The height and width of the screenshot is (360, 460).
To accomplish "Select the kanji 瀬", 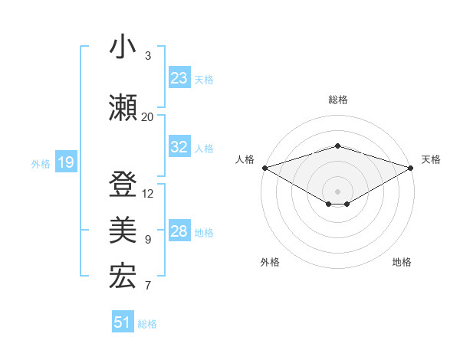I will pyautogui.click(x=123, y=108).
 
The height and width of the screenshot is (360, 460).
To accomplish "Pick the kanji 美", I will pyautogui.click(x=123, y=231).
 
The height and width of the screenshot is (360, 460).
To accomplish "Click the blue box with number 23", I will pyautogui.click(x=179, y=78).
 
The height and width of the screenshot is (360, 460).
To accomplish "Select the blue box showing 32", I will pyautogui.click(x=179, y=148).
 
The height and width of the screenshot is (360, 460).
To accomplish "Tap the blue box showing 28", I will pyautogui.click(x=179, y=232).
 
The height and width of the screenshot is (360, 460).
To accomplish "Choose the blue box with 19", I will pyautogui.click(x=65, y=162).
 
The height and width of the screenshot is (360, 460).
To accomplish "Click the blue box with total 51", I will pyautogui.click(x=123, y=322).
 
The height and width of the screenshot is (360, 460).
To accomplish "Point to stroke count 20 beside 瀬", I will pyautogui.click(x=147, y=116).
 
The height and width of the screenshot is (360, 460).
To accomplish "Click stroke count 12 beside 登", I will pyautogui.click(x=148, y=193).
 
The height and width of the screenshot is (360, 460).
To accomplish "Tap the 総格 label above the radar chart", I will pyautogui.click(x=337, y=100).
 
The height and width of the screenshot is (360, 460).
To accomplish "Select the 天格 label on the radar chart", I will pyautogui.click(x=431, y=159).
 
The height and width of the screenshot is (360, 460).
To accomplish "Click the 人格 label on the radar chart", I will pyautogui.click(x=245, y=159).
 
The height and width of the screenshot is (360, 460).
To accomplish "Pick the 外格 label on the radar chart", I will pyautogui.click(x=270, y=262).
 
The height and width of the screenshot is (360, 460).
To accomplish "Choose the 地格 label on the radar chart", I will pyautogui.click(x=402, y=262).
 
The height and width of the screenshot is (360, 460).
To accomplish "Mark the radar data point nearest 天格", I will pyautogui.click(x=410, y=167).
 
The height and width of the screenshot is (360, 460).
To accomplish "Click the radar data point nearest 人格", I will pyautogui.click(x=264, y=167).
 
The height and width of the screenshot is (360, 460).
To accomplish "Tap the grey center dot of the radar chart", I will pyautogui.click(x=337, y=191).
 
